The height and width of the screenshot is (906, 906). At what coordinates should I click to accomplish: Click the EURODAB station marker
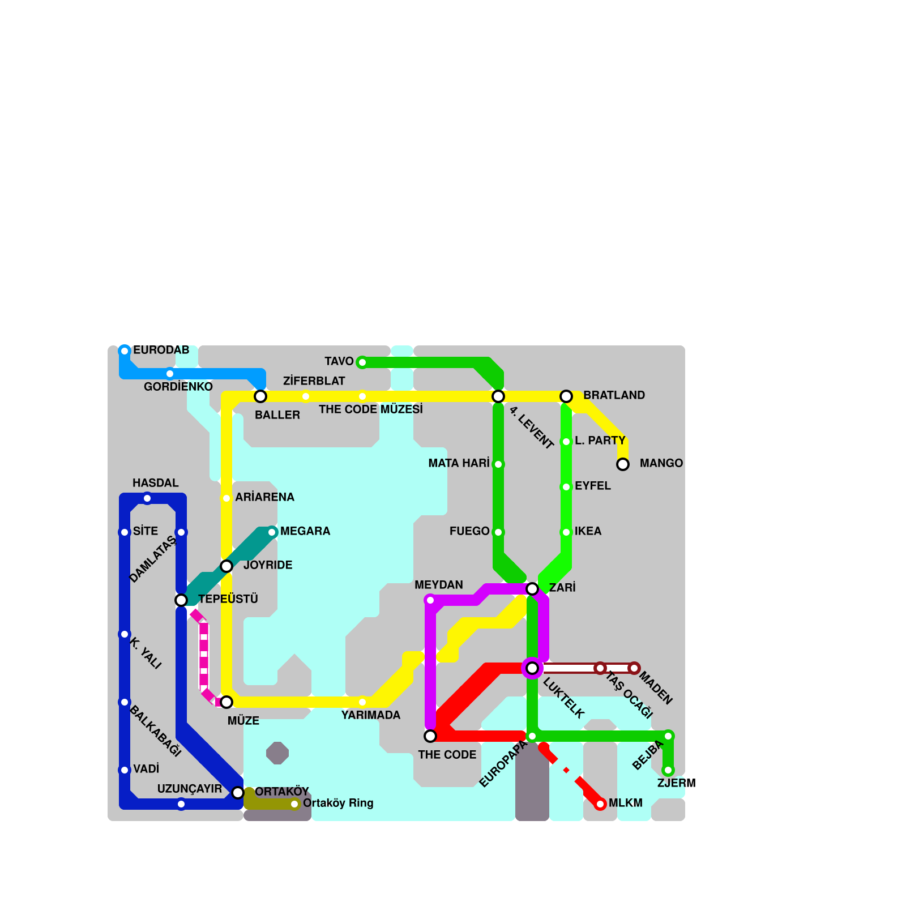click(125, 351)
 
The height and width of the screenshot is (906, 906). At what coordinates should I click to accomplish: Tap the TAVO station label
click(339, 361)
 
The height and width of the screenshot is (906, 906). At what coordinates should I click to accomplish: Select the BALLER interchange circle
click(260, 396)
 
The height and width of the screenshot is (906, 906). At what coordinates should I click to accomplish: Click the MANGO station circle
click(623, 464)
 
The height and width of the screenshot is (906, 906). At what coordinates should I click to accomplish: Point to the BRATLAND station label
click(614, 395)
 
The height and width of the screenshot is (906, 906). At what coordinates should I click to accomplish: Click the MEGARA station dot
click(272, 532)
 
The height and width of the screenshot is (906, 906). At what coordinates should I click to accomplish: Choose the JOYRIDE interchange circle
click(226, 566)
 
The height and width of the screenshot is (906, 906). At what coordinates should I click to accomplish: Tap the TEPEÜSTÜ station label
click(228, 599)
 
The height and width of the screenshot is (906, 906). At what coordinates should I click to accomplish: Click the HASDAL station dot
click(147, 498)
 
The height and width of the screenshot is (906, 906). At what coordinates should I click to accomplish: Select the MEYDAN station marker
click(430, 600)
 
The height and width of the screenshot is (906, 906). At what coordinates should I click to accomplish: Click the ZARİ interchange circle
click(532, 589)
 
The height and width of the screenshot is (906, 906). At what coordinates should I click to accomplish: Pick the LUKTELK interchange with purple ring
click(532, 668)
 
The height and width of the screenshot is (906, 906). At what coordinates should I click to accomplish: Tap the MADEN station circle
click(634, 668)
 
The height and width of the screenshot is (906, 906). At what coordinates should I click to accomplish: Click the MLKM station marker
click(600, 804)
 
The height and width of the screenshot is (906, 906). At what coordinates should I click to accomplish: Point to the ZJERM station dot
click(668, 770)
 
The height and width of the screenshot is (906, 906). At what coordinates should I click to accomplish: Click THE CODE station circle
click(430, 736)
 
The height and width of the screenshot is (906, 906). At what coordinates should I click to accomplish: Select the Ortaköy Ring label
click(338, 803)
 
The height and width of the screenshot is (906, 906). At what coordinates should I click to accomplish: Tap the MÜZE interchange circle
click(226, 702)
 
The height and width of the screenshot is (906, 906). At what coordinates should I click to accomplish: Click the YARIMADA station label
click(370, 715)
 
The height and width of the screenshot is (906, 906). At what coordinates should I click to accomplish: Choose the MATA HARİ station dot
click(498, 464)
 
